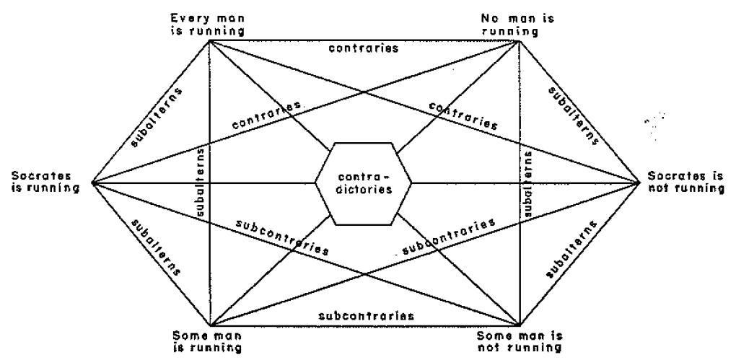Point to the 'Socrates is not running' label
click(x=685, y=183)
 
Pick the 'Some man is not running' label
click(x=520, y=341)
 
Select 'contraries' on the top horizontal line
click(x=363, y=49)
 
